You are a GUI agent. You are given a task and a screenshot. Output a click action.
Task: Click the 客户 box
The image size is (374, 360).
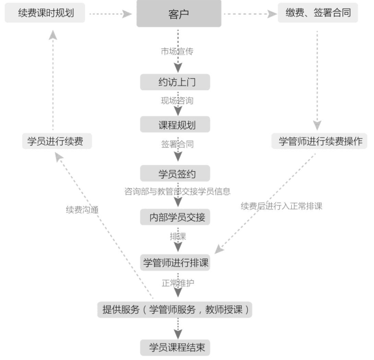click(178, 13)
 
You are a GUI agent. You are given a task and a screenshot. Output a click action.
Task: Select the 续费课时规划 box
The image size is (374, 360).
click(45, 12)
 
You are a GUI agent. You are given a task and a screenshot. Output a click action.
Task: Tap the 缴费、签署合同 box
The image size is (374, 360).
click(318, 12)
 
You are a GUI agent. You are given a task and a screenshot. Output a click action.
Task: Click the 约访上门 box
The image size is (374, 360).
click(176, 82)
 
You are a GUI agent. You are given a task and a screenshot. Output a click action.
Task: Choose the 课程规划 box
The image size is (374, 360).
click(176, 124)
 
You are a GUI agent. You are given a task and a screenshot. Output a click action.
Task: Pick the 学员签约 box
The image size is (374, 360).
click(176, 173)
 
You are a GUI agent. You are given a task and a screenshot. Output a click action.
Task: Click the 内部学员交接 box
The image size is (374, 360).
click(176, 217)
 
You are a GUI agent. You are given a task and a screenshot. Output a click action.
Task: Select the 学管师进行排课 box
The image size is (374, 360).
click(176, 263)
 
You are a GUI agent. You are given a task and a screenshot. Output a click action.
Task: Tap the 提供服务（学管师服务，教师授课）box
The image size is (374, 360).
click(175, 310)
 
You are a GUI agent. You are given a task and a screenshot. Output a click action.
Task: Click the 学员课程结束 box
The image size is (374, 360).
click(176, 347)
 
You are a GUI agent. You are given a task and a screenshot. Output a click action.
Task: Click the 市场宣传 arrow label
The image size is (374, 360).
click(177, 51)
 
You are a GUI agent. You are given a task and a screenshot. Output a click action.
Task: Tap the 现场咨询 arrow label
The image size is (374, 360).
click(177, 101)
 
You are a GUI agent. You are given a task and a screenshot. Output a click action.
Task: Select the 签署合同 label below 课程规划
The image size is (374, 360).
click(177, 144)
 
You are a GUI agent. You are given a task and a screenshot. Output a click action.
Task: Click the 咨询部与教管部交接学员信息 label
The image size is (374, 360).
click(177, 191)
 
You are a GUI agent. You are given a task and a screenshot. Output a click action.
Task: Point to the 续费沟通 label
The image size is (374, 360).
click(82, 209)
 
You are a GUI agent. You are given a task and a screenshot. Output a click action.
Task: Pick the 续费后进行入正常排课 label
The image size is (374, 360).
click(281, 206)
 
